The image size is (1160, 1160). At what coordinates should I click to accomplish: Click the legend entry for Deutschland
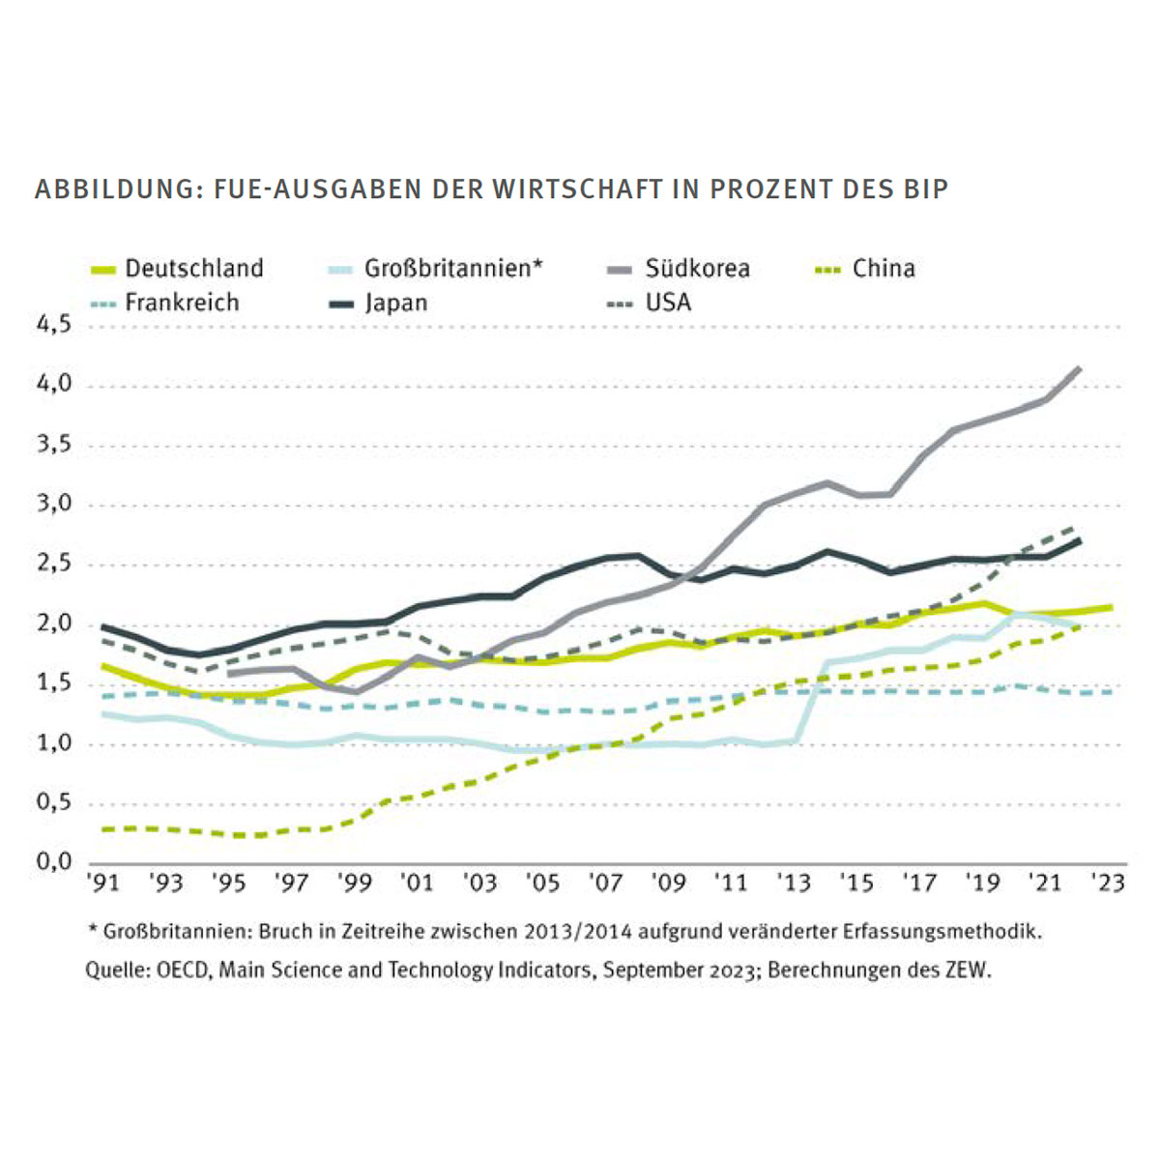193,268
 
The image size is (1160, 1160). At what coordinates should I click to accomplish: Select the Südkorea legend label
697,268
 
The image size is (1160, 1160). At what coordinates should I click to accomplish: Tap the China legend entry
884,268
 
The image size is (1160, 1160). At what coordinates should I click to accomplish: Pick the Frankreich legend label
182,303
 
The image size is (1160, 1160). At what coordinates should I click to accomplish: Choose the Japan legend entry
395,303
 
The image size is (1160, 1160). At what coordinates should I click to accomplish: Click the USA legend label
668,303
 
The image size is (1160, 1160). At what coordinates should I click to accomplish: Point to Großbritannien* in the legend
453,268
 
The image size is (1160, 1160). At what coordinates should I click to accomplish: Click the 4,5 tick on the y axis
54,325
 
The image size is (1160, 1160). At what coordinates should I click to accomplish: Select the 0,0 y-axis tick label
54,862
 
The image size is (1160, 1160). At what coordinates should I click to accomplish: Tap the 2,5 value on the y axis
54,564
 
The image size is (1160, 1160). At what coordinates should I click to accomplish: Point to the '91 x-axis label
103,883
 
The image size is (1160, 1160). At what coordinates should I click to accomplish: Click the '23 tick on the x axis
1108,883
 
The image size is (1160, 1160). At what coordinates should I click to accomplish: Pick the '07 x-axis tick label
606,883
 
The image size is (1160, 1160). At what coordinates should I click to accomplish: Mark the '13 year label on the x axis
795,883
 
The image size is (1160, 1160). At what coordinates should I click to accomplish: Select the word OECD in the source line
183,970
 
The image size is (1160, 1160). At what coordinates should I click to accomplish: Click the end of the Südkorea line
1079,368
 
